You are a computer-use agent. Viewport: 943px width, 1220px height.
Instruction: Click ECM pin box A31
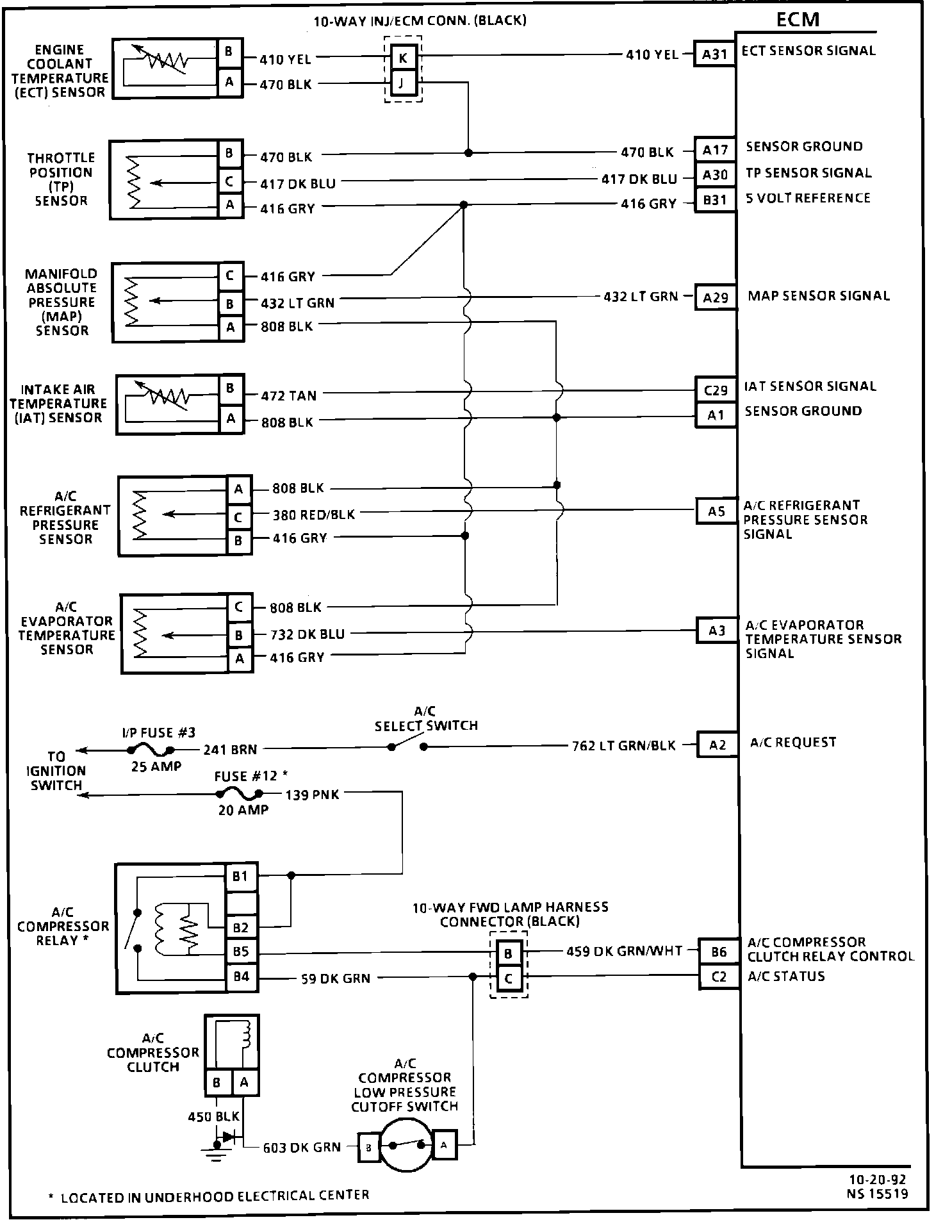pyautogui.click(x=714, y=54)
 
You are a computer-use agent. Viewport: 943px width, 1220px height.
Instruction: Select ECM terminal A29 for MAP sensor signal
pyautogui.click(x=716, y=297)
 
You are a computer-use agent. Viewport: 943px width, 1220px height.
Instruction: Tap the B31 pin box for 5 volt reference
pyautogui.click(x=715, y=201)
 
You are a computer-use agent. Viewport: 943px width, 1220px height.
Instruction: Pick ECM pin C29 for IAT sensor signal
pyautogui.click(x=716, y=390)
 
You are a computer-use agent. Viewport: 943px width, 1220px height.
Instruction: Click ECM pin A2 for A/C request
pyautogui.click(x=717, y=745)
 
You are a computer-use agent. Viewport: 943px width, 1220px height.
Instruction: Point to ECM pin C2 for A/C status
pyautogui.click(x=719, y=977)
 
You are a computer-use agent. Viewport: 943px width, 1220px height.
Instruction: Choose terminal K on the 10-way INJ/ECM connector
pyautogui.click(x=403, y=58)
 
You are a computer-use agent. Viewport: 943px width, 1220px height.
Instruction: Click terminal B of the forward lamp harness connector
pyautogui.click(x=508, y=953)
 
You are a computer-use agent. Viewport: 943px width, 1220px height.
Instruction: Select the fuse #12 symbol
pyautogui.click(x=240, y=795)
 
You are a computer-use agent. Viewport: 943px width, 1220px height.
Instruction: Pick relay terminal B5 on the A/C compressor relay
pyautogui.click(x=241, y=952)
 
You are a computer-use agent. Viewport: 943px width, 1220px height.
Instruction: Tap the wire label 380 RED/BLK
pyautogui.click(x=313, y=514)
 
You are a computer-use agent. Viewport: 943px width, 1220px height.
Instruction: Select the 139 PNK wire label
pyautogui.click(x=312, y=795)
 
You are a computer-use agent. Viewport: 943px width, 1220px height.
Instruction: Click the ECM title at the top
pyautogui.click(x=798, y=19)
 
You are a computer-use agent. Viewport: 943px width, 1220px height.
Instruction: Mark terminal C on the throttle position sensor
pyautogui.click(x=229, y=181)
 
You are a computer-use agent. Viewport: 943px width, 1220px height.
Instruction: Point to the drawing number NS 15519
pyautogui.click(x=877, y=1193)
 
